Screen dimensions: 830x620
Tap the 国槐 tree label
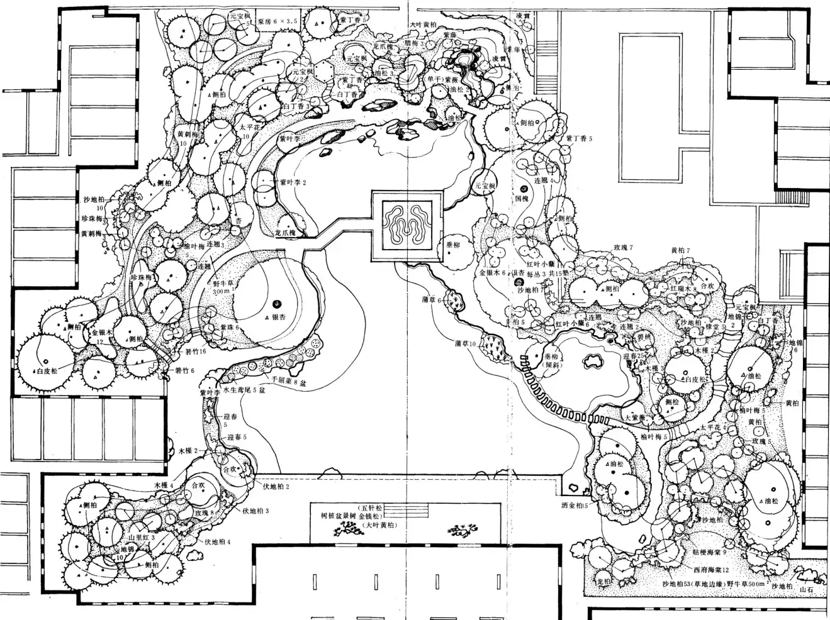coord(520,198)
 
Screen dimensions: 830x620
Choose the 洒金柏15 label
coord(574,505)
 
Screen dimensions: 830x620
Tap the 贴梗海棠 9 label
coord(709,551)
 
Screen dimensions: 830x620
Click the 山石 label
coord(806,590)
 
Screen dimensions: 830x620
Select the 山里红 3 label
coord(142,538)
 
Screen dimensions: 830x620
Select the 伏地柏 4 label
coord(216,541)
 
